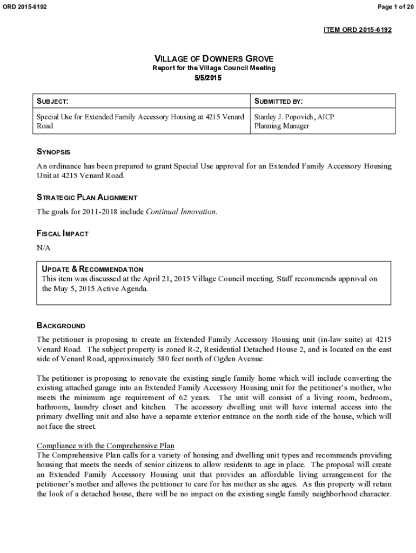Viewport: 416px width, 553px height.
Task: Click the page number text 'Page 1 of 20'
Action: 393,6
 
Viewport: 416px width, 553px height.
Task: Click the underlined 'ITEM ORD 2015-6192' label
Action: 357,30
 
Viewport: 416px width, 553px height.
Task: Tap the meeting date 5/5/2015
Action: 208,78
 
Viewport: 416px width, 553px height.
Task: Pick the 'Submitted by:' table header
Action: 278,102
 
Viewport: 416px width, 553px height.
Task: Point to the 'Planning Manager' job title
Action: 281,126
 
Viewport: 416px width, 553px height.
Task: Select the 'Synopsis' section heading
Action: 53,152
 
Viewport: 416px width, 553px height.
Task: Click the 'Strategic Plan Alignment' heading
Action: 86,198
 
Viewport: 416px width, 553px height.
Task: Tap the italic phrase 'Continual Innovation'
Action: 181,212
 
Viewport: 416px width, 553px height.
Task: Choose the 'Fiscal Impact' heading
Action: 62,234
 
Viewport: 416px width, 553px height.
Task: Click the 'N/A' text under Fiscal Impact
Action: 43,248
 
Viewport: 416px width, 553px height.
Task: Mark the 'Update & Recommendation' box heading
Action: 92,269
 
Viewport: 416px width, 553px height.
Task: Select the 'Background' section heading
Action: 61,326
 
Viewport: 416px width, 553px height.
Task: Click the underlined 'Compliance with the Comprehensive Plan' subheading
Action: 105,446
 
